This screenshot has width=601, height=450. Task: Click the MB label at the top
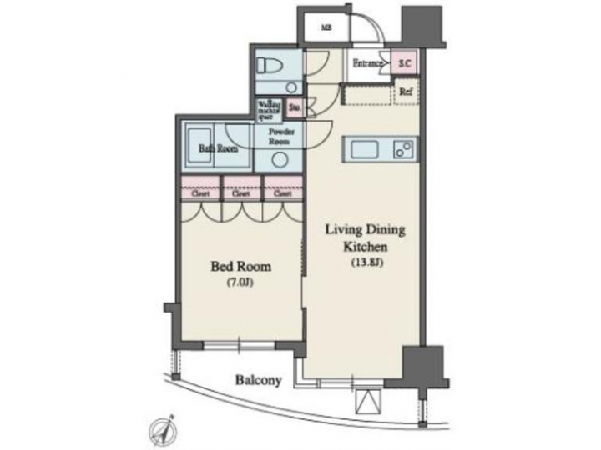[326, 26]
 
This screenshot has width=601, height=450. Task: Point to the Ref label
[407, 92]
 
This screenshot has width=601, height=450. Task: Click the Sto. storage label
[295, 107]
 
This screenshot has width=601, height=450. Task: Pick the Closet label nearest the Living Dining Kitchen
[281, 194]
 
